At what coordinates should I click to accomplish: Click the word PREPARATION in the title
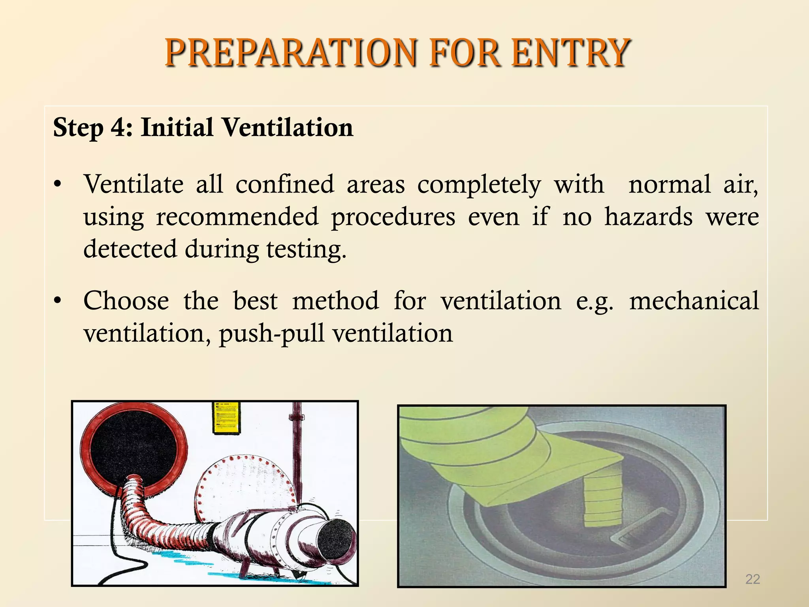pos(291,53)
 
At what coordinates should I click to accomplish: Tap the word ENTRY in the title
pos(570,53)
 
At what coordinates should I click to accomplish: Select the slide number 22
pos(752,579)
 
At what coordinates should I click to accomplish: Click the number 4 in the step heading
pos(117,128)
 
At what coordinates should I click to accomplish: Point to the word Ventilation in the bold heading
pos(287,128)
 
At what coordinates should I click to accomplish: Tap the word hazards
pos(648,217)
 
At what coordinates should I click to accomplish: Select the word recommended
pos(237,217)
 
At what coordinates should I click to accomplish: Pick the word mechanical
pos(694,301)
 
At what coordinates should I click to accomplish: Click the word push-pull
pos(273,333)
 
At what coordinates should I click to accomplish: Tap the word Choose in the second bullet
pos(126,301)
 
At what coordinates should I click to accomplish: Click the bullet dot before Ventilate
pos(58,185)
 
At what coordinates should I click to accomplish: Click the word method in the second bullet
pos(335,301)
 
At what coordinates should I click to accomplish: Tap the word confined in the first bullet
pos(284,185)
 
